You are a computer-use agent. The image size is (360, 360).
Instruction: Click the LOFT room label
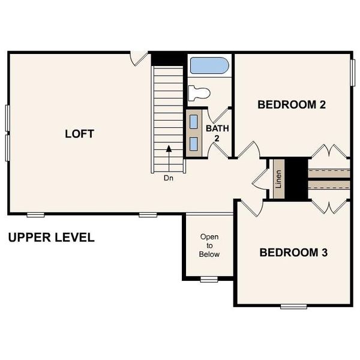click(x=79, y=134)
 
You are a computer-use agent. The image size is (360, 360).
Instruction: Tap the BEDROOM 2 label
click(x=291, y=104)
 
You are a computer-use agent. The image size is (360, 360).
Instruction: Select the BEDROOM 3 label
click(x=293, y=252)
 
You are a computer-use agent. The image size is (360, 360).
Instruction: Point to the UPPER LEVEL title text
click(x=51, y=238)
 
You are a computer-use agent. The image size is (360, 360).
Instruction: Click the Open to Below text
click(x=209, y=245)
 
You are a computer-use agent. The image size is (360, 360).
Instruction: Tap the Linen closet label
click(x=278, y=179)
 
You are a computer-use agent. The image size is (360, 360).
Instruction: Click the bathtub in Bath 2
click(x=209, y=65)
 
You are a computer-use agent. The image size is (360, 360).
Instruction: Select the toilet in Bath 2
click(x=199, y=93)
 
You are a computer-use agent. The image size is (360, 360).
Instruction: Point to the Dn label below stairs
click(x=169, y=178)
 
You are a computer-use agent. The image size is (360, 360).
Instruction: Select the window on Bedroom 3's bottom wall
click(x=293, y=306)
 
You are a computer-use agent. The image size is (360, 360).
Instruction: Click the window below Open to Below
click(x=209, y=279)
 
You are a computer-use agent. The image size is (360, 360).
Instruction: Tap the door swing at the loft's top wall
click(x=140, y=59)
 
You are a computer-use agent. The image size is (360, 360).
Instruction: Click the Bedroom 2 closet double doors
click(x=329, y=151)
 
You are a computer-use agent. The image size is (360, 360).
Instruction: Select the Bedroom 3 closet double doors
click(x=329, y=206)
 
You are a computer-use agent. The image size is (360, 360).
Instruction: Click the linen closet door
click(x=259, y=180)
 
